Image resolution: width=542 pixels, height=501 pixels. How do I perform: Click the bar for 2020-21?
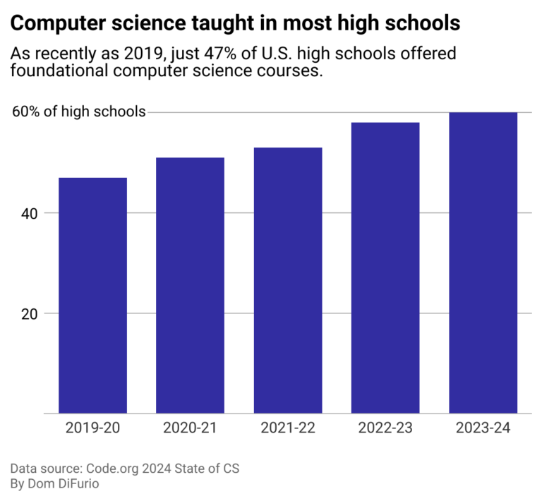coord(190,285)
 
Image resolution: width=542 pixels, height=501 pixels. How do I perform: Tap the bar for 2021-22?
coord(288,280)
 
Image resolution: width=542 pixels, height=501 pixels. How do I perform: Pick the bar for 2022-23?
coord(385,267)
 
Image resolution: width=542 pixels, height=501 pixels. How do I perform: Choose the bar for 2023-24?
coord(483,262)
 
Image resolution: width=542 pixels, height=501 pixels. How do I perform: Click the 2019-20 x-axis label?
coord(92,428)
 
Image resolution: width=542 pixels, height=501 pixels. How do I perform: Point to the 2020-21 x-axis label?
coord(190,428)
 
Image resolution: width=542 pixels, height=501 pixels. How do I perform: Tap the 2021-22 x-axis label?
coord(288,428)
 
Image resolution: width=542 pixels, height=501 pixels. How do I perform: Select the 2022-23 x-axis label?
coord(385,428)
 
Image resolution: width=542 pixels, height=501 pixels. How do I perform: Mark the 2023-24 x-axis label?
coord(483,428)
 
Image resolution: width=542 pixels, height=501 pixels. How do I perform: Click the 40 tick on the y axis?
coord(29,212)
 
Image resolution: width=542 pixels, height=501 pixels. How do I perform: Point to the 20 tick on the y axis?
coord(29,313)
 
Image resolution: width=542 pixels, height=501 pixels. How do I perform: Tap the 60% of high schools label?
coord(78,111)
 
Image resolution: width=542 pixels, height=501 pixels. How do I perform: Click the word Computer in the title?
coord(54,23)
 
